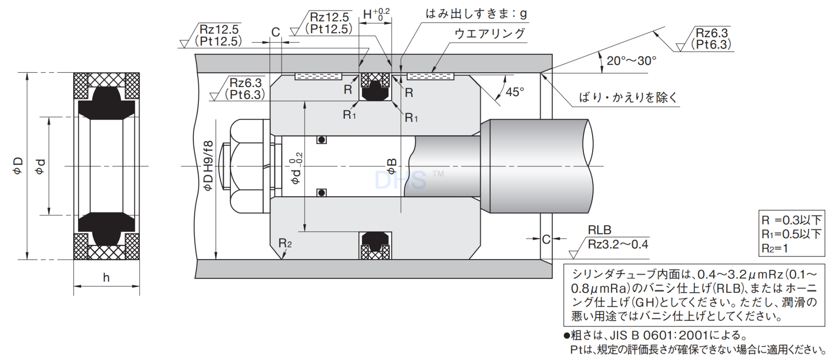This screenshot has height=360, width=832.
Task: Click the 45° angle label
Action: pos(515,92)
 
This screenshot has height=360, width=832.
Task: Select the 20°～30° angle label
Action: pos(631,61)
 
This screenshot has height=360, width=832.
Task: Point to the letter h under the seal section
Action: pos(106,278)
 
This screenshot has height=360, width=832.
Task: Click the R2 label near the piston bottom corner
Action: pos(285,243)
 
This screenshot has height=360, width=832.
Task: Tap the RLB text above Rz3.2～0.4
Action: pos(599,230)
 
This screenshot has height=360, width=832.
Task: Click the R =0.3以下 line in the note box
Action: pos(791,220)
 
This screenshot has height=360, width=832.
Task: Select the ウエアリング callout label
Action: pos(490,33)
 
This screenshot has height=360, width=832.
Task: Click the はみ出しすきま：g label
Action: pos(476,14)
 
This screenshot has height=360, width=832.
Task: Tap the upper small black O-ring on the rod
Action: pos(321,140)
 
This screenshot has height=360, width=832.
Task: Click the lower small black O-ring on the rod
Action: pos(321,192)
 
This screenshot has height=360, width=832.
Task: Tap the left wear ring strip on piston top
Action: pos(318,76)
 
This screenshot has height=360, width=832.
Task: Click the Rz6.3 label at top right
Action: pos(711,33)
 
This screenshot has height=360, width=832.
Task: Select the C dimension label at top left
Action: pos(276,32)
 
